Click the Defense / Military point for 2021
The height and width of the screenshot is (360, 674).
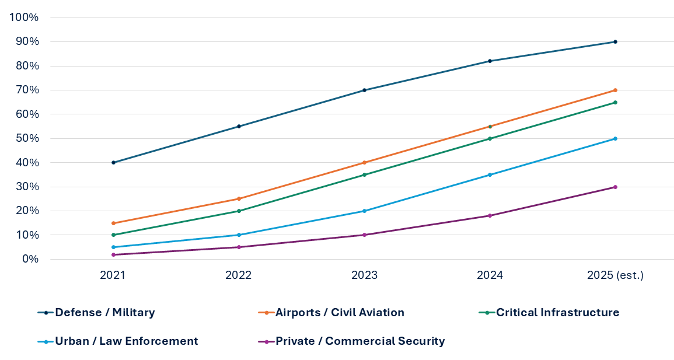113,163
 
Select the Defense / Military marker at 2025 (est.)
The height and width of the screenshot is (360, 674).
615,42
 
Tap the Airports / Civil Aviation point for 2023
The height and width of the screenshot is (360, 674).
364,163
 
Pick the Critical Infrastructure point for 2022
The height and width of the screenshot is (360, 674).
239,211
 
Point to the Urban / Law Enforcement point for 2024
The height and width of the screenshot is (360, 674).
490,175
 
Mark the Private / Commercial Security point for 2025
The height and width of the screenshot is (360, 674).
615,187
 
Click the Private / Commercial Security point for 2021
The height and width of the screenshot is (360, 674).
113,254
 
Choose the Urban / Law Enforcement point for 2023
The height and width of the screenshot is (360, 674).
364,211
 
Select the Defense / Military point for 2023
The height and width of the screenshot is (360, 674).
364,90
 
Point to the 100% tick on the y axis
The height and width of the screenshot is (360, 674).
25,18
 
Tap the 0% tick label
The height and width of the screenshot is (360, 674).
29,259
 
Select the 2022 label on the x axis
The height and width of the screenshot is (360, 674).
239,275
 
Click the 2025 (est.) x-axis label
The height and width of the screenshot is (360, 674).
615,275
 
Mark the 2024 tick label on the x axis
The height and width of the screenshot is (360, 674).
490,275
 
